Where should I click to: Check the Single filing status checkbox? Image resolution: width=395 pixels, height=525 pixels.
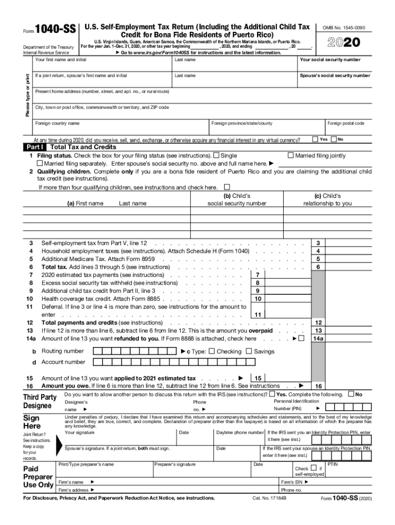[x=216, y=156]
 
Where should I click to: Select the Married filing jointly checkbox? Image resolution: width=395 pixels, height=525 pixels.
[x=291, y=156]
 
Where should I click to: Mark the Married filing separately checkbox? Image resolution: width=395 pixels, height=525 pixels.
[x=40, y=164]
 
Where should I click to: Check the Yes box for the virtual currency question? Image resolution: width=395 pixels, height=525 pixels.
[x=314, y=139]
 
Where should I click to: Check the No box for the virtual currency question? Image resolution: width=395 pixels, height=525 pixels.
[x=333, y=139]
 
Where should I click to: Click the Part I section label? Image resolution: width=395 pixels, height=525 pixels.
[x=35, y=147]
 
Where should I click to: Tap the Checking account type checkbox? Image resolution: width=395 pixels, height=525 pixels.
[x=211, y=352]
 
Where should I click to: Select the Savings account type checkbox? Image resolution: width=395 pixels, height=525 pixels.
[x=249, y=352]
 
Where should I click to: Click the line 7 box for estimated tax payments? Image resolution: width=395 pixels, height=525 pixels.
[x=257, y=275]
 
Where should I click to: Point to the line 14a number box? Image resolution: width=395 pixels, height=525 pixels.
[x=318, y=338]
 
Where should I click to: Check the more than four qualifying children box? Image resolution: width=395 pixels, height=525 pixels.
[x=227, y=188]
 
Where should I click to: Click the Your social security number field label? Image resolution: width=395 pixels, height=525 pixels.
[x=330, y=60]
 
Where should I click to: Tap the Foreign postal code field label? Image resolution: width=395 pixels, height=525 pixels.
[x=346, y=124]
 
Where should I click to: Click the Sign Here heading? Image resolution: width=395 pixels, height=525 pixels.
[x=32, y=422]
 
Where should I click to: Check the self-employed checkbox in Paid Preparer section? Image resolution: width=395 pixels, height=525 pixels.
[x=313, y=468]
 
